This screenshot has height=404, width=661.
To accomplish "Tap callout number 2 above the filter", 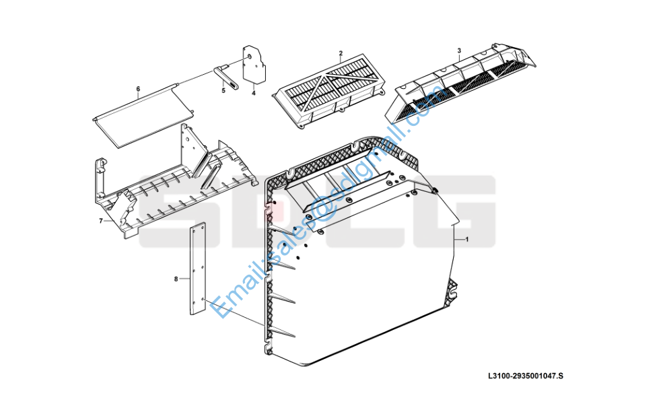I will click(x=341, y=53).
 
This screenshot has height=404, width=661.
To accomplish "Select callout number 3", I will click(x=459, y=51).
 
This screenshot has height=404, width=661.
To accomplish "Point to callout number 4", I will click(x=254, y=93).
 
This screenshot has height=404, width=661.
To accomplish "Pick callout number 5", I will click(x=223, y=90).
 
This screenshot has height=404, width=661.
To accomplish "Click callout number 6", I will click(x=138, y=89).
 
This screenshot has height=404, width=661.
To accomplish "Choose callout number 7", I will click(x=101, y=220).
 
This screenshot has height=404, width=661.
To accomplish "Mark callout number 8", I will click(x=176, y=277).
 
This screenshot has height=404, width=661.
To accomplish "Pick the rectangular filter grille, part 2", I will click(x=330, y=91).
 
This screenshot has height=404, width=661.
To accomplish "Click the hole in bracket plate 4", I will click(x=250, y=57).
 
